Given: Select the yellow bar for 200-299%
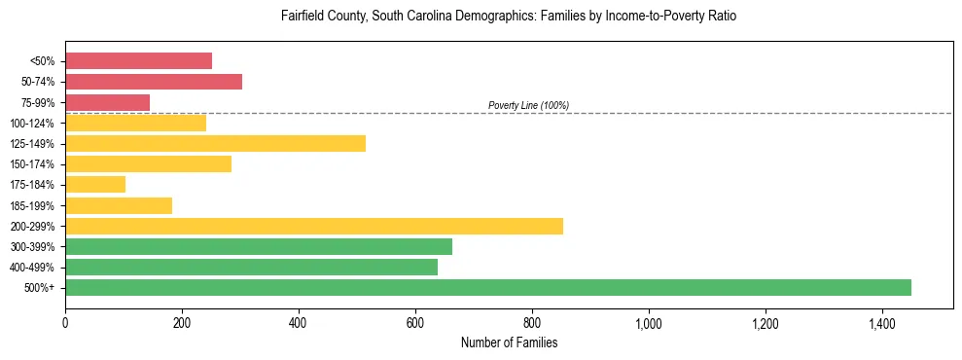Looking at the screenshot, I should coord(314,226).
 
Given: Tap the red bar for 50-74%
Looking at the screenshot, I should coord(154,81).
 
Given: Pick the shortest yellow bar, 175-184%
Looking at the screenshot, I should coord(95,184).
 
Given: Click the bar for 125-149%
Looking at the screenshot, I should coord(215,143).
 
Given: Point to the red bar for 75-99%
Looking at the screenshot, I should coord(108,102).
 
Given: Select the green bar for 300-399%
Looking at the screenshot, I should coord(259,246).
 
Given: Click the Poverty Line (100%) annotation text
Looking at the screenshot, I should coord(528,105).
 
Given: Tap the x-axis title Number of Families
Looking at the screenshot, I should coord(509,342).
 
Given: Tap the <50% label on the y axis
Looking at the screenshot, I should coord(42,61).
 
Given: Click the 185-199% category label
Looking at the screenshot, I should coord(32,205).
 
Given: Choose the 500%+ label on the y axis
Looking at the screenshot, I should coord(39,288).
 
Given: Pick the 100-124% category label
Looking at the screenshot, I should coord(32,123).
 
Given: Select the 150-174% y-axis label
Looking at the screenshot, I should coord(32,164).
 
